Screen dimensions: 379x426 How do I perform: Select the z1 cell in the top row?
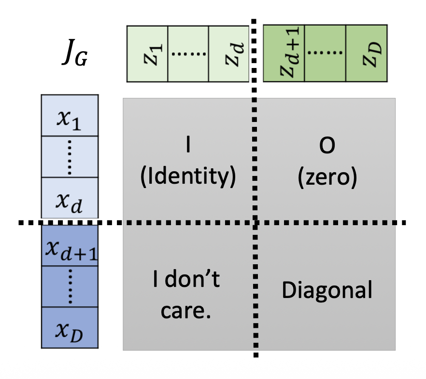point(147,54)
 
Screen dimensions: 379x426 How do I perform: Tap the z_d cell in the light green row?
point(229,54)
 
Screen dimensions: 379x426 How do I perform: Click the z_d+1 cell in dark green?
point(284,54)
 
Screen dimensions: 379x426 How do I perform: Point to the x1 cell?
point(70,116)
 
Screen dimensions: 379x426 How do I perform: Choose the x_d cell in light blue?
point(70,198)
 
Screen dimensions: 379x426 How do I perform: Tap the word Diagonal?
point(327,291)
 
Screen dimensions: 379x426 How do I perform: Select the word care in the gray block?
point(185,311)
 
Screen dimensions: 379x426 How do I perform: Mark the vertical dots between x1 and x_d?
point(70,157)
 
